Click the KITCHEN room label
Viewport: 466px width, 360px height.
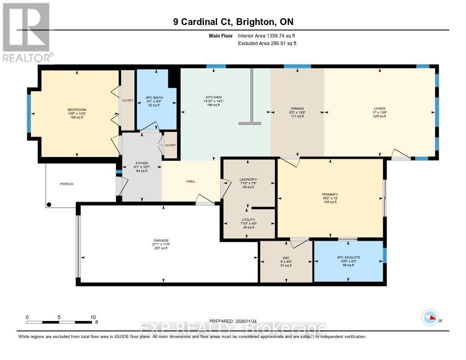[x=213, y=97]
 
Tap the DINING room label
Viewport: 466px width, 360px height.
[x=298, y=108]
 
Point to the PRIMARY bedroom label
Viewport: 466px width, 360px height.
[x=329, y=194]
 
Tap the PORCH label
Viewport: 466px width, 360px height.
[x=66, y=184]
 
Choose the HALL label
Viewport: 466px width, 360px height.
[x=191, y=181]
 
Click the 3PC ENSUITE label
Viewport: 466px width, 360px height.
[x=348, y=257]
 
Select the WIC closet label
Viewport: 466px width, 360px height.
[x=286, y=258]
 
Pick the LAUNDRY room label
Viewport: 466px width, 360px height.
[x=248, y=179]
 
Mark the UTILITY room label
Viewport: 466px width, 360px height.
[x=248, y=220]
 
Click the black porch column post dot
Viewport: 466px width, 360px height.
[x=50, y=204]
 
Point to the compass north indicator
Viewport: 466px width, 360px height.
[x=430, y=318]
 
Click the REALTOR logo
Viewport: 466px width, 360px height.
[x=27, y=32]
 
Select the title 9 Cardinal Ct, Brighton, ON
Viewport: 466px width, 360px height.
[x=233, y=22]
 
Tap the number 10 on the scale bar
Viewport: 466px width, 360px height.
[x=93, y=317]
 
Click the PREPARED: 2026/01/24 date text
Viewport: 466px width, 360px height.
[x=233, y=321]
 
